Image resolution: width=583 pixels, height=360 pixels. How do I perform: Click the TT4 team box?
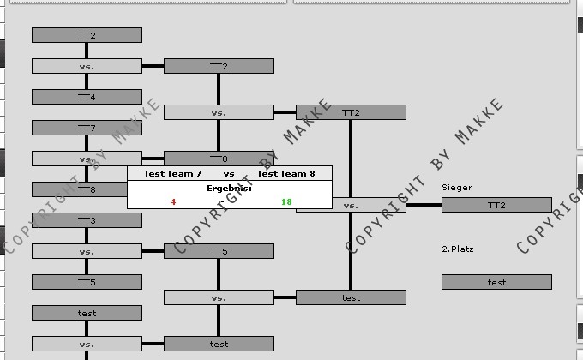(87, 97)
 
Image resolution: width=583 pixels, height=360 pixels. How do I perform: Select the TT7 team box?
(87, 128)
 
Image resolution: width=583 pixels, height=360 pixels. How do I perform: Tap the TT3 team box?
(87, 220)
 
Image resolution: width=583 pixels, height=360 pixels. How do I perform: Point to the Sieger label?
(456, 187)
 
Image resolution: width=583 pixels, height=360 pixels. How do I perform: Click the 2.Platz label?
(457, 249)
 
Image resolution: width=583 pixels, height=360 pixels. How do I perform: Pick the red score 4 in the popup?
(173, 202)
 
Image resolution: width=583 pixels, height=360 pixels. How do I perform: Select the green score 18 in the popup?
(286, 202)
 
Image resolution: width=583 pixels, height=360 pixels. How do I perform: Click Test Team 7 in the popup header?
(172, 174)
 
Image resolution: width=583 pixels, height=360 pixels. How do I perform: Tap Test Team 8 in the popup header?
(286, 174)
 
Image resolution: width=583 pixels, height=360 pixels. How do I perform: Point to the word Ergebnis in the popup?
(229, 188)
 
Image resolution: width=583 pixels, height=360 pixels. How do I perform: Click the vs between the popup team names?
(229, 174)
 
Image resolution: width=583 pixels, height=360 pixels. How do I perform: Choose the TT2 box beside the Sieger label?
(496, 205)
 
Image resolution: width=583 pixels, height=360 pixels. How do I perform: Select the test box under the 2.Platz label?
(496, 282)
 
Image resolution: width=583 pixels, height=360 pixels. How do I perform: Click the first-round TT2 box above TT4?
(87, 35)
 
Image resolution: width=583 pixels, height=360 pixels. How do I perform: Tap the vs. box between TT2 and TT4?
(87, 66)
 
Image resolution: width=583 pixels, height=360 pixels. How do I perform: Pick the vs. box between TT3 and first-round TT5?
(87, 251)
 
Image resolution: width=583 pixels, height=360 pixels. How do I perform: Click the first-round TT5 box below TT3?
(87, 282)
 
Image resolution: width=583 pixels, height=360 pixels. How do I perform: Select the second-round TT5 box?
(219, 251)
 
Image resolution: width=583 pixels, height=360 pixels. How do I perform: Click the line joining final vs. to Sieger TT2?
(424, 205)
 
